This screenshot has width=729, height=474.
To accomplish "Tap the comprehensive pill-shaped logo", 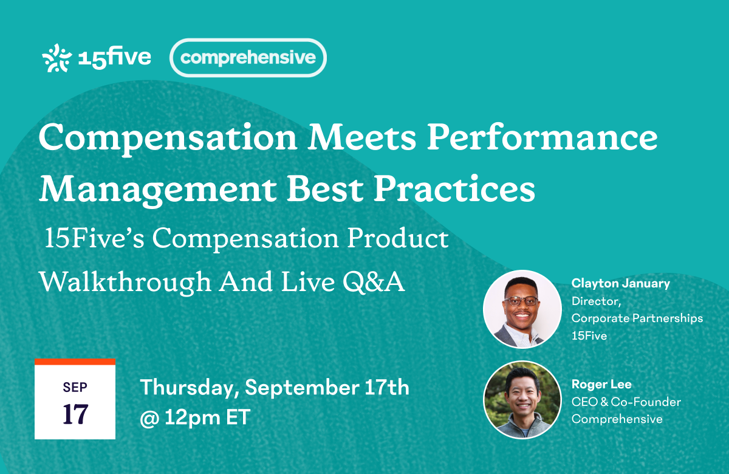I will pos(248,58).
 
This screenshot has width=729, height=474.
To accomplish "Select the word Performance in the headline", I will pos(542,139).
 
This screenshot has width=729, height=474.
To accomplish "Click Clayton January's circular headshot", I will pos(522,309).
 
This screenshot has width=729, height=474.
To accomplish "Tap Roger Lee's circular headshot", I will pos(522,400).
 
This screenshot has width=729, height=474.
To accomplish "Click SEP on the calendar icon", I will pos(74,386).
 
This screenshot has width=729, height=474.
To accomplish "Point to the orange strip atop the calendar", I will pos(75,362).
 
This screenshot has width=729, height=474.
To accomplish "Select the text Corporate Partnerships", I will pos(637,318).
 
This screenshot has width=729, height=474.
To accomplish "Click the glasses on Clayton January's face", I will pos(521,301).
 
